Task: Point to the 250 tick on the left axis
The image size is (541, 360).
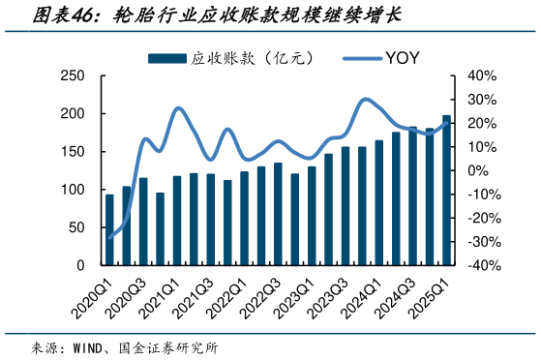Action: (x=72, y=75)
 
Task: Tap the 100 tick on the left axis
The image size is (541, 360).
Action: (x=72, y=190)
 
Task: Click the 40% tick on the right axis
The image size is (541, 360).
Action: (x=481, y=75)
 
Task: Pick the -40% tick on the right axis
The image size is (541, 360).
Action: (x=481, y=265)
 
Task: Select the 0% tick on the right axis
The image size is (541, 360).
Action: (x=477, y=170)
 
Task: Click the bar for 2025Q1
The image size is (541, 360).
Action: (x=446, y=190)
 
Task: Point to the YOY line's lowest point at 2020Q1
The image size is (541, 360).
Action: (x=109, y=237)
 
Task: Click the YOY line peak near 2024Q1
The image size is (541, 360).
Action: (x=365, y=99)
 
